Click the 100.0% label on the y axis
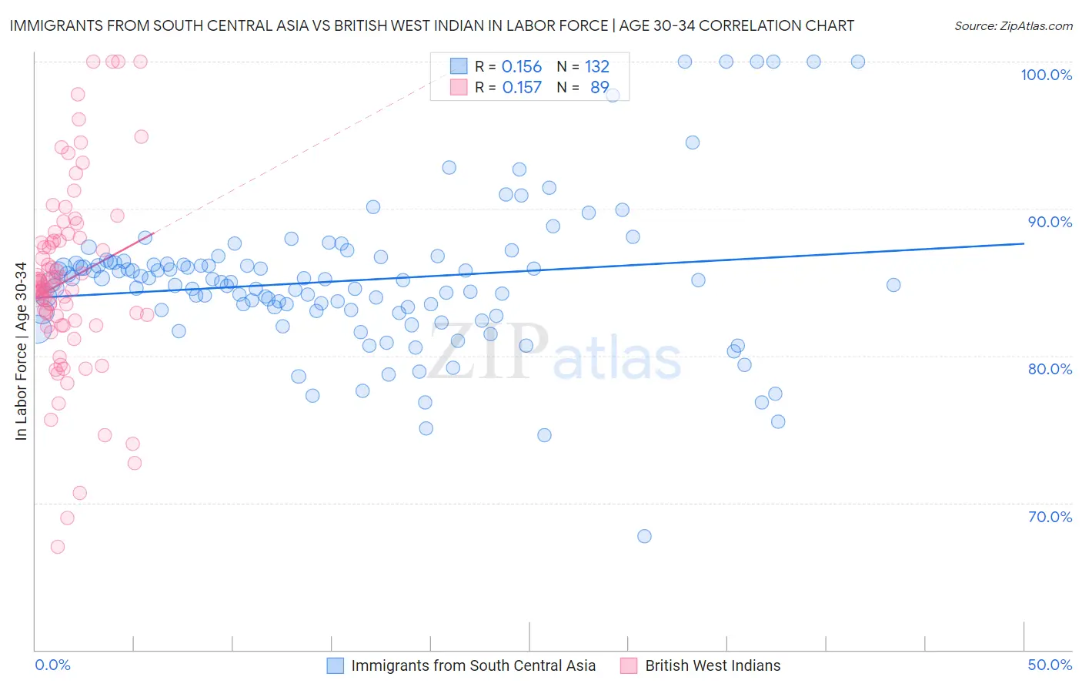click(x=1046, y=75)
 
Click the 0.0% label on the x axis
click(x=52, y=665)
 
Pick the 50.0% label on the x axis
click(x=1050, y=665)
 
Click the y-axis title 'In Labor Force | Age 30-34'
click(x=21, y=351)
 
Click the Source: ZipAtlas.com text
click(x=1013, y=26)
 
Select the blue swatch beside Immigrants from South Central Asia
click(x=336, y=665)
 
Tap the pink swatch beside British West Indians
click(x=629, y=665)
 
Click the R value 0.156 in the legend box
click(x=522, y=67)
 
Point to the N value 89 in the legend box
click(x=599, y=88)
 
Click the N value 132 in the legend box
click(x=596, y=67)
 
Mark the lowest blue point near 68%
click(x=645, y=536)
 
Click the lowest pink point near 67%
click(x=58, y=547)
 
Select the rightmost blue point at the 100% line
click(x=858, y=62)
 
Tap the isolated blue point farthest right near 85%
click(x=893, y=285)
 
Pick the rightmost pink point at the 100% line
click(x=140, y=62)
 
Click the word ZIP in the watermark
click(x=488, y=353)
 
